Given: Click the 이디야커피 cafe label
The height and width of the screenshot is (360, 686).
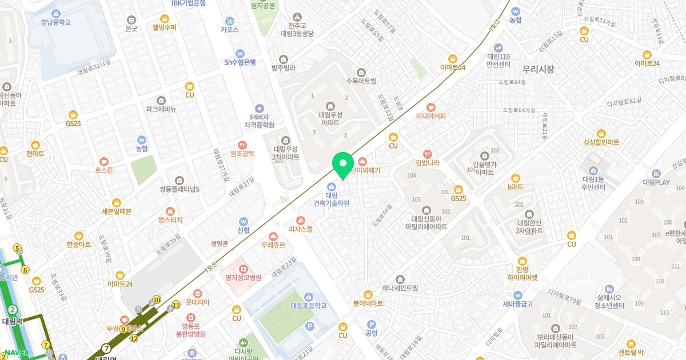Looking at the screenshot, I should click(x=430, y=116).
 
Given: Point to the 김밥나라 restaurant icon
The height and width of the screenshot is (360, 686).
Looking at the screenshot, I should click(x=428, y=154).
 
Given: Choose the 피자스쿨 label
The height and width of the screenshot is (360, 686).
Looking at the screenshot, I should click(x=301, y=229).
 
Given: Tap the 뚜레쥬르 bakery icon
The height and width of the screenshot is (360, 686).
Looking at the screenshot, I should click(x=273, y=236).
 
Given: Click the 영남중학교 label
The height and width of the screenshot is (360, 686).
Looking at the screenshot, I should click(x=55, y=22).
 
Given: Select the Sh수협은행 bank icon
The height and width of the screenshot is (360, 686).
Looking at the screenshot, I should click(x=240, y=53).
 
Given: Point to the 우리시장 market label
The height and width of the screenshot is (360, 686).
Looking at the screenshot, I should click(x=538, y=69).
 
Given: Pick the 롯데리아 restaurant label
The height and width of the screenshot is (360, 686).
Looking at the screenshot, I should click(x=198, y=302).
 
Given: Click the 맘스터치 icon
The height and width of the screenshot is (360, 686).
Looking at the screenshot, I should click(x=170, y=211).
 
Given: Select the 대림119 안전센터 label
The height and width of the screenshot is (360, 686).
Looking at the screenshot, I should click(x=498, y=60).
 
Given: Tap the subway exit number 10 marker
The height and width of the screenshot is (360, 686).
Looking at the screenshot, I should click(x=157, y=299).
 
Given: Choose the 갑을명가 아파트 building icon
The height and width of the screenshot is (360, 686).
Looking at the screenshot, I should click(x=485, y=155).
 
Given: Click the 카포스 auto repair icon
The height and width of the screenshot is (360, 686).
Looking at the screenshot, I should click(x=229, y=21).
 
